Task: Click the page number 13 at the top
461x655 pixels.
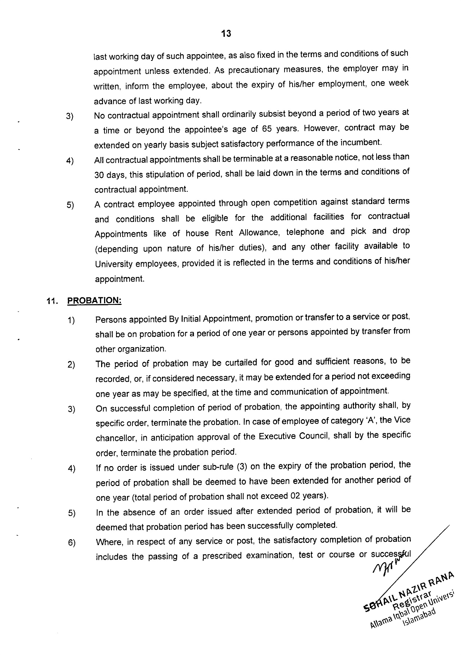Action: coord(226,34)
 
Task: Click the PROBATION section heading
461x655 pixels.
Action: coord(94,301)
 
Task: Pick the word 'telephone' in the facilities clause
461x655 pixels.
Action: coord(305,232)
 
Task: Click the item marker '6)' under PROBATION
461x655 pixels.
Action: coord(71,543)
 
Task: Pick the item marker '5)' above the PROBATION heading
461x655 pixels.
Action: coord(70,205)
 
